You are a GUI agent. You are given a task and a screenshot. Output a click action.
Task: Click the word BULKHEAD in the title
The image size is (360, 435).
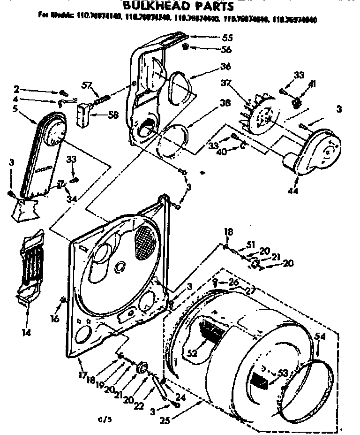(x=157, y=7)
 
